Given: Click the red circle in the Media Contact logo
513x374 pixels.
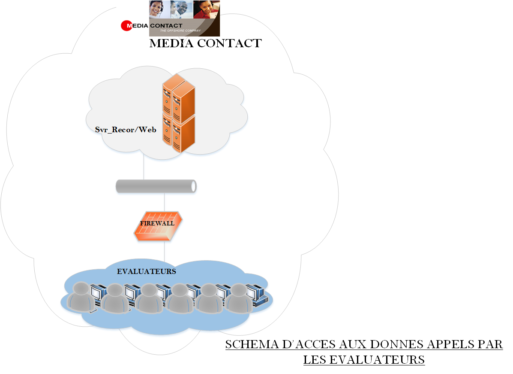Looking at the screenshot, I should pos(127,26).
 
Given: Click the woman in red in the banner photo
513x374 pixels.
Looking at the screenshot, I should pos(206,9).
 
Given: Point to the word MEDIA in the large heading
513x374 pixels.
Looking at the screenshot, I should pos(171,43).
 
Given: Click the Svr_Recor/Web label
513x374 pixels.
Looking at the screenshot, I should pos(126,129).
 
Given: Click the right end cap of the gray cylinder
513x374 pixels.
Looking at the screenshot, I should pos(194,186).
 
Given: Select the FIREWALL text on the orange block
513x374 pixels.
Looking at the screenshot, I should pos(157,223).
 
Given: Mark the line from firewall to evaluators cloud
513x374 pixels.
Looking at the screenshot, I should pos(165,251).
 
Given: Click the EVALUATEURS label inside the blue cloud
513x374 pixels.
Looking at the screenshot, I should pos(147,271).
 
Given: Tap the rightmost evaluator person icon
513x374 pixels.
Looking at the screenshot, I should pos(238,298).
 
